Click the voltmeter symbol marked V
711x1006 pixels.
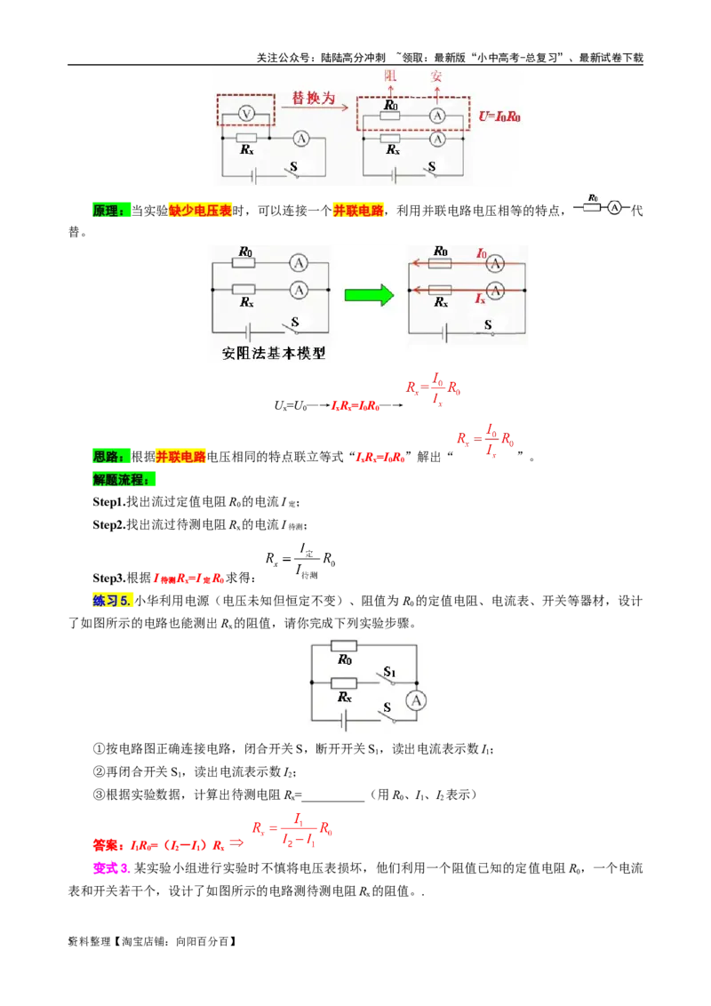pyautogui.click(x=246, y=115)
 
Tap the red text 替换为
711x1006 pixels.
pyautogui.click(x=313, y=98)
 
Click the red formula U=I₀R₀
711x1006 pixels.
pyautogui.click(x=499, y=116)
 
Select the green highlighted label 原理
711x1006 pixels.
pyautogui.click(x=111, y=211)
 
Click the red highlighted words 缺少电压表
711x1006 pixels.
pyautogui.click(x=200, y=211)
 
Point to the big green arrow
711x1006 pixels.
pyautogui.click(x=369, y=295)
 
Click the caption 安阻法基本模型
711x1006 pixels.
pyautogui.click(x=274, y=354)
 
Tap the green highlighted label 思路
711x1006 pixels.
pyautogui.click(x=111, y=456)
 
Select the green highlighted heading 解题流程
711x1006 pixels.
pyautogui.click(x=124, y=479)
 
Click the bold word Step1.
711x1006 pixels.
pyautogui.click(x=109, y=502)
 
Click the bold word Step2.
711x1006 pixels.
pyautogui.click(x=109, y=525)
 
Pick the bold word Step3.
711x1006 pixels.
pyautogui.click(x=109, y=578)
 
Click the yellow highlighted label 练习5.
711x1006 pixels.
pyautogui.click(x=112, y=601)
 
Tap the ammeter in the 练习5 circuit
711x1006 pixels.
pyautogui.click(x=417, y=700)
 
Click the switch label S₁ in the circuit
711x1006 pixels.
pyautogui.click(x=389, y=672)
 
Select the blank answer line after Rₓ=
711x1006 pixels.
pyautogui.click(x=333, y=795)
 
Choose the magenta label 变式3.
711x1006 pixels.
pyautogui.click(x=112, y=868)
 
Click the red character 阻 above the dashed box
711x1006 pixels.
pyautogui.click(x=391, y=76)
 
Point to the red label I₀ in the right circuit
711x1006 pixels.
pyautogui.click(x=482, y=253)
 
